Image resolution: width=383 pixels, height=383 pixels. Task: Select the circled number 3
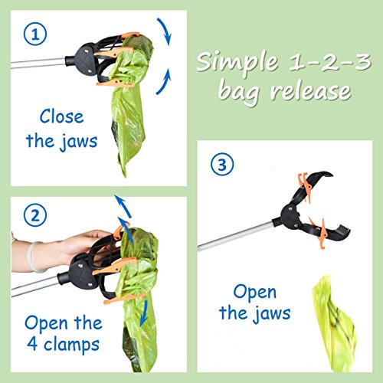pyautogui.click(x=219, y=164)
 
